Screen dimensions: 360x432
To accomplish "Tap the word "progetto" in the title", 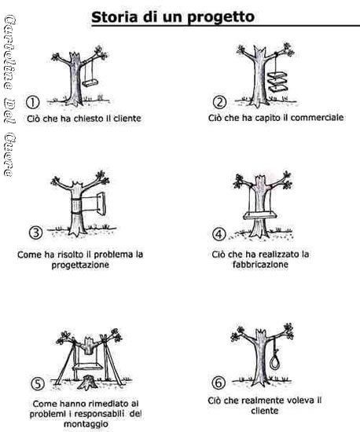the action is coord(221,18).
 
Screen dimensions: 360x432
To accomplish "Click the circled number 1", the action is coord(32,102).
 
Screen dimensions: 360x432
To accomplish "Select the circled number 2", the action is coord(219,102).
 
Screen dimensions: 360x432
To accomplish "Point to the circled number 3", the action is coord(36,232).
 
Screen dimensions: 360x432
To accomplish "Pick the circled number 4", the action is coord(219,235).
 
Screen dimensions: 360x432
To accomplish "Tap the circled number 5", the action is coord(38,384).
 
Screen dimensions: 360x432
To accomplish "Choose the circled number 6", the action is coord(219,383).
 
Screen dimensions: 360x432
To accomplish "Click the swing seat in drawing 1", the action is coord(90,82).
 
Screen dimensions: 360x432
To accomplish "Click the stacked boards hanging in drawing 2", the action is coord(277,82).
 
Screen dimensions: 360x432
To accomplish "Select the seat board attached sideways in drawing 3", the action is coord(101,204).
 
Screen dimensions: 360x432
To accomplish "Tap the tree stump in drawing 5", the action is coord(86,383).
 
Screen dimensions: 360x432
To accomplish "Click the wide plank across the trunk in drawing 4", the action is coord(260,215).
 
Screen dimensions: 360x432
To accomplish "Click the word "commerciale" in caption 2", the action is coord(317,118).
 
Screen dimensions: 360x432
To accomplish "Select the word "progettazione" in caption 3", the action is coord(80,265).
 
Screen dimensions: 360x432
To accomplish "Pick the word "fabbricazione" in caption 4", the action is coord(260,265).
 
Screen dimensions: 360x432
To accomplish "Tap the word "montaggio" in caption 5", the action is coord(86,423).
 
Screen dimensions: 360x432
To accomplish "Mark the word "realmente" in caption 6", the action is coord(260,400).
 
